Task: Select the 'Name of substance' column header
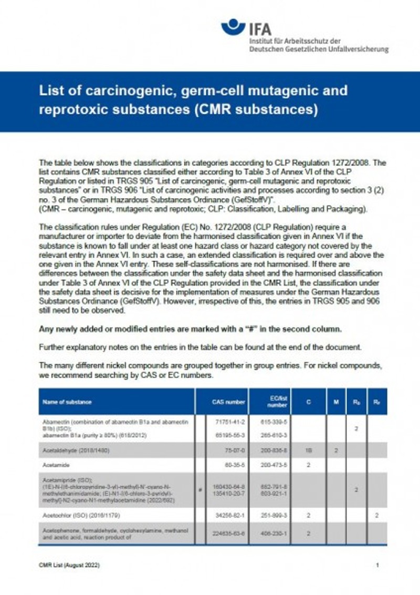coord(67,402)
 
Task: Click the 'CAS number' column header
coord(228,402)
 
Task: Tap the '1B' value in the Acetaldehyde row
coord(308,450)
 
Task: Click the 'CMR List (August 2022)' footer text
coord(69,565)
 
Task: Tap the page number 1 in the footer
coord(377,565)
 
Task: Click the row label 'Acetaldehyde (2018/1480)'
coord(75,450)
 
